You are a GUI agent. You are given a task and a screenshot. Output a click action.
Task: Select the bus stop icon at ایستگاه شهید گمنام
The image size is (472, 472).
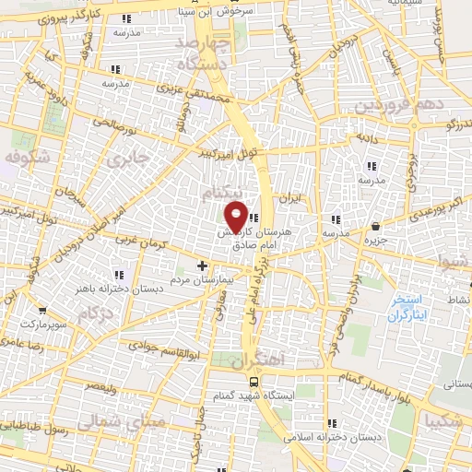[253, 381]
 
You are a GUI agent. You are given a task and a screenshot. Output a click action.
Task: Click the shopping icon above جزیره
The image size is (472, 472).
[376, 227]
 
